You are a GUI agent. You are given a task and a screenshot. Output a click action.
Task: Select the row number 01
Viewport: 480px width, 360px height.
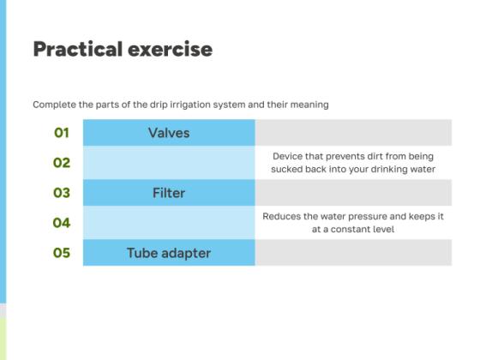61,133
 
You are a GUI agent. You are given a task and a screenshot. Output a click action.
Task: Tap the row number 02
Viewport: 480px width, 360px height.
61,163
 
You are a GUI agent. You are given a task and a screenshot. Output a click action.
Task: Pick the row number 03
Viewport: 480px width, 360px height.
61,193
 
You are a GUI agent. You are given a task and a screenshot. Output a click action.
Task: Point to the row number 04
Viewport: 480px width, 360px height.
61,223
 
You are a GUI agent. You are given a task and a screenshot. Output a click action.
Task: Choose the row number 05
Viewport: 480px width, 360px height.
61,253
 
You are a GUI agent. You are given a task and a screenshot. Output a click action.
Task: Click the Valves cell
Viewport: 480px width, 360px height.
169,133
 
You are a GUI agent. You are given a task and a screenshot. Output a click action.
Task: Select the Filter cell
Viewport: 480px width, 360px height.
169,193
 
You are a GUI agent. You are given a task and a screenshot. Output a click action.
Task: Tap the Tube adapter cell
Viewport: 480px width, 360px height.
169,253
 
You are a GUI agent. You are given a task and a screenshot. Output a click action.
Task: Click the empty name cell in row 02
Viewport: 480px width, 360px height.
169,163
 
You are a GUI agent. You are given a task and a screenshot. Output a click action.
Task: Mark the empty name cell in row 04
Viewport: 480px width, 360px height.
169,223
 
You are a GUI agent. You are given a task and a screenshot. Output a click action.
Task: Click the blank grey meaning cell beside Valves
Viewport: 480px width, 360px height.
353,133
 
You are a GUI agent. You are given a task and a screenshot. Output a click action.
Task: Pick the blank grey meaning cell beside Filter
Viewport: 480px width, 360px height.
353,193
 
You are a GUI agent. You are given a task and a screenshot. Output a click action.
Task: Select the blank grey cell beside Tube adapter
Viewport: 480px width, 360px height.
353,253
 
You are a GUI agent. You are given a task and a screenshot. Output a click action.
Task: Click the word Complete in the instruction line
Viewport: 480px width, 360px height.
54,105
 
